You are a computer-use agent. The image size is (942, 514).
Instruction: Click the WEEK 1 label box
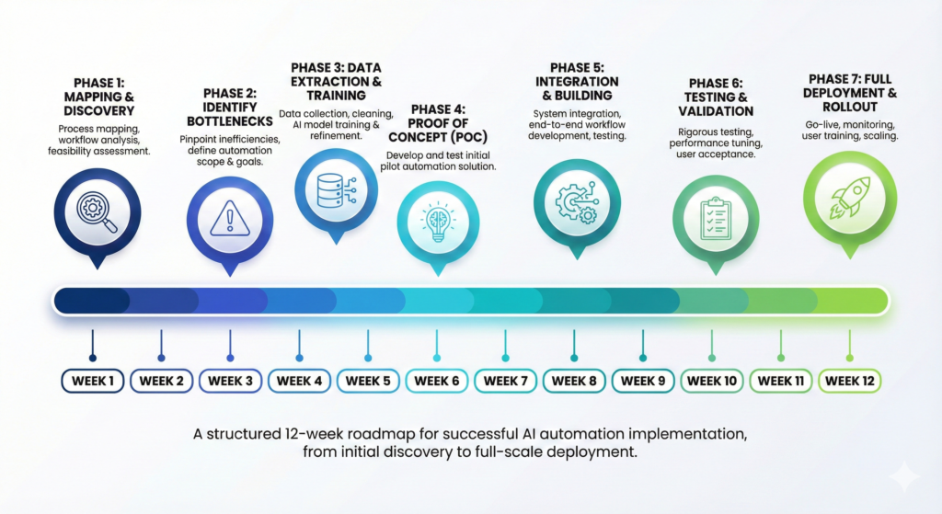click(92, 381)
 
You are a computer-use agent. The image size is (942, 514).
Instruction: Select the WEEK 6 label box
click(436, 381)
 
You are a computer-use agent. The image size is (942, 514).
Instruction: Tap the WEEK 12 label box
click(849, 381)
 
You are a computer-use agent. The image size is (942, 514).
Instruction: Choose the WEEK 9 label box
click(643, 381)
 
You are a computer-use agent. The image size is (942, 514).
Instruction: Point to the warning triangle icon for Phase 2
click(230, 219)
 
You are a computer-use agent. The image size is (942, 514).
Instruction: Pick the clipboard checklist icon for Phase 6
click(715, 219)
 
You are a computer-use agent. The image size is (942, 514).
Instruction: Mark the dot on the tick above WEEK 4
click(299, 357)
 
